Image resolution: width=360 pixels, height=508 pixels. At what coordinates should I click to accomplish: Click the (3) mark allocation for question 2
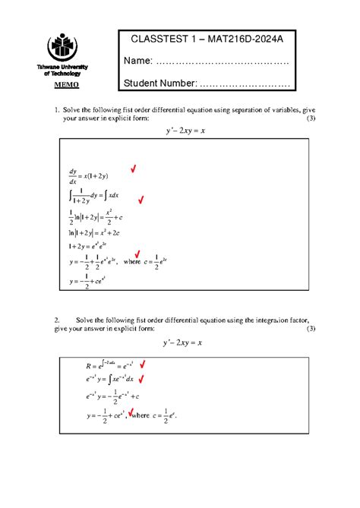point(310,329)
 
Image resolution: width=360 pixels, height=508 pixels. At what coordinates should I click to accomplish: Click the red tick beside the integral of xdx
point(141,200)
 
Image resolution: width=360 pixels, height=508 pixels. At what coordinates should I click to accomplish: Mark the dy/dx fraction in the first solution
point(73,177)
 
